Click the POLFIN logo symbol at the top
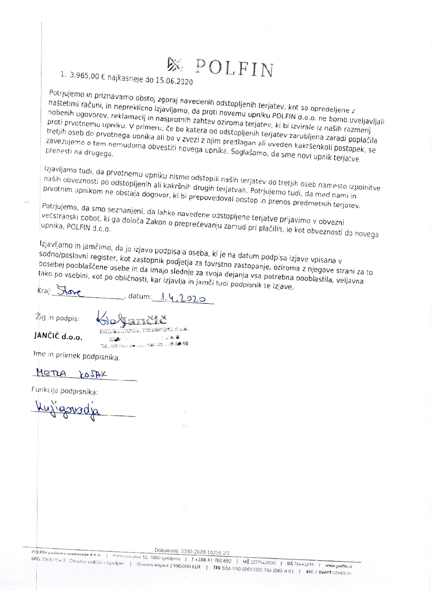[x=174, y=64]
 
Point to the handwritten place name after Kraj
[x=71, y=292]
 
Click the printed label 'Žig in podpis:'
[x=57, y=318]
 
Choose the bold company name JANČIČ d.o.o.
[x=58, y=336]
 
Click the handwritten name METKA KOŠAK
[x=72, y=374]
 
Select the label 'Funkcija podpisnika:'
[x=65, y=391]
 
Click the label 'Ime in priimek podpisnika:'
[x=77, y=356]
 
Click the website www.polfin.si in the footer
[x=338, y=566]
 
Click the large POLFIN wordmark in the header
[x=234, y=68]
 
